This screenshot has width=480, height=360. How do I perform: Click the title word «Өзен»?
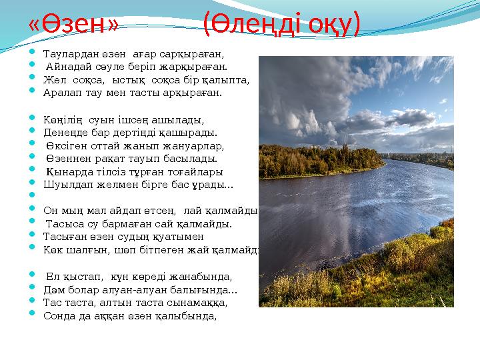pos(74,25)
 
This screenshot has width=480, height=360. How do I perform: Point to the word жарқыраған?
pos(199,66)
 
